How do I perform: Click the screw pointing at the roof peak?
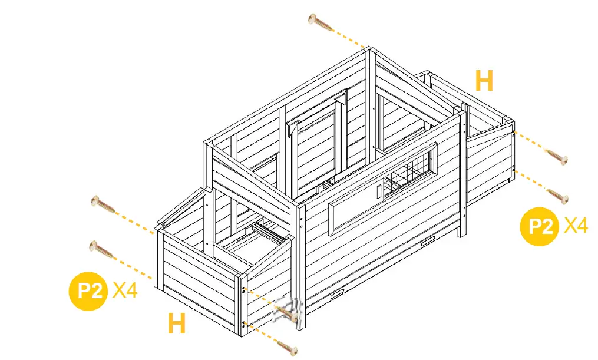(x=321, y=22)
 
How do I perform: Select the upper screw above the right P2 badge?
(x=556, y=156)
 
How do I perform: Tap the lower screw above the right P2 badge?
(x=557, y=196)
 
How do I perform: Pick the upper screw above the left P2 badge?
(x=103, y=205)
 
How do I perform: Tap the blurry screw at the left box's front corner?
(x=289, y=311)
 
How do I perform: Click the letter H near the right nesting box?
(x=484, y=81)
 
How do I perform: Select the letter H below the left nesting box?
(x=177, y=323)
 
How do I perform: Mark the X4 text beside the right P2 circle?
(x=576, y=225)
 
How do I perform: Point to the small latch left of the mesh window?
(x=378, y=190)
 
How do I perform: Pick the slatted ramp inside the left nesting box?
(x=268, y=232)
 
